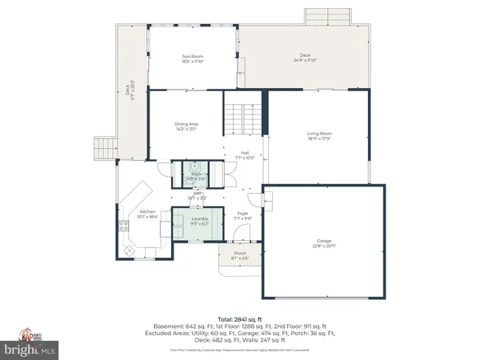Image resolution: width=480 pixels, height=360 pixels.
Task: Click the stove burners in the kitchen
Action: tap(122, 226)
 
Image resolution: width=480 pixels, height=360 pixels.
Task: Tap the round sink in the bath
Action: tap(194, 166)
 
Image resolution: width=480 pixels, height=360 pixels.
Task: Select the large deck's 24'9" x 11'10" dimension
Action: tap(305, 60)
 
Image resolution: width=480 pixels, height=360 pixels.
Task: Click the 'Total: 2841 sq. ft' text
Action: tap(240, 318)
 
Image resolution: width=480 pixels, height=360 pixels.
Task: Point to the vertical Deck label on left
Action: tap(131, 91)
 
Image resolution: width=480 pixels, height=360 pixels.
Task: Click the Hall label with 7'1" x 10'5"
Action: tap(244, 155)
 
